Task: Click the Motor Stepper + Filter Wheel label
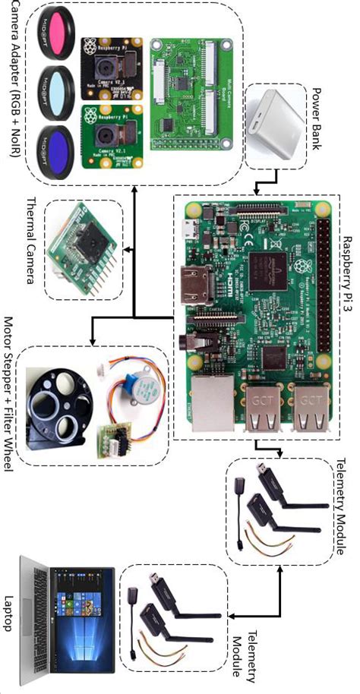click(9, 406)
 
